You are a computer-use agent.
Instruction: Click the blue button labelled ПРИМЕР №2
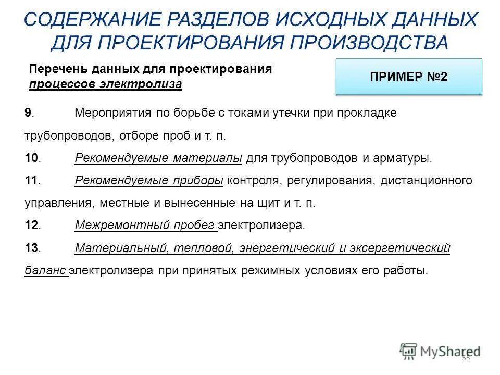409,77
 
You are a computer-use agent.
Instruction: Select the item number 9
28,113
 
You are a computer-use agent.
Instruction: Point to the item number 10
31,158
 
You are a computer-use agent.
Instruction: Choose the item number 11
31,181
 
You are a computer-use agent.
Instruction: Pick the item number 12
31,226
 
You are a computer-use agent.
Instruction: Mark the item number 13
31,248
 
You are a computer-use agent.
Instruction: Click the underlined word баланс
45,271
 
